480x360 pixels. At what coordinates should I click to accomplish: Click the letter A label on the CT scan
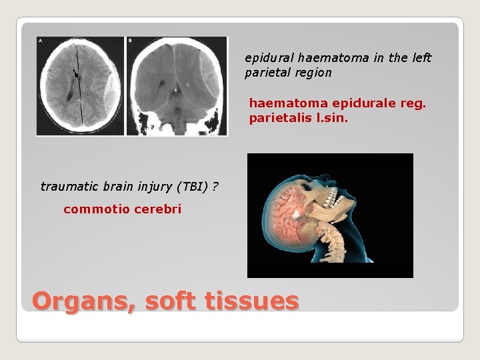coord(41,41)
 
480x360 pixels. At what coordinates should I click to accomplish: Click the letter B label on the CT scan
coord(129,41)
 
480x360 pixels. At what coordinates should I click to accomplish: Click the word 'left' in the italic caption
coord(419,58)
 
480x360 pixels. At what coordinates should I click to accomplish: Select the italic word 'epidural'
coord(265,58)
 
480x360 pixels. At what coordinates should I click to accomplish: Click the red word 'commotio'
coord(89,209)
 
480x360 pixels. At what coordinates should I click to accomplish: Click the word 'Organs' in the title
coord(80,301)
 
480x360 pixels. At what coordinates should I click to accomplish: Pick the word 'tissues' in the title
coord(253,301)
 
